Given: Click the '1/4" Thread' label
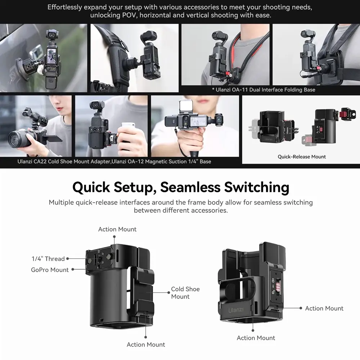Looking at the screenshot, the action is [x=48, y=259].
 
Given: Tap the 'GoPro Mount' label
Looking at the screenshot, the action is [x=50, y=270].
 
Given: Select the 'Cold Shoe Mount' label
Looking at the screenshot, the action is [x=185, y=293].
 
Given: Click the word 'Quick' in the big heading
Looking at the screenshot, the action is [x=91, y=187].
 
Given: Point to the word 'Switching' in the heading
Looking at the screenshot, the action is [x=257, y=188].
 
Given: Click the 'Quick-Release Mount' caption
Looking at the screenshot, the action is [x=302, y=157].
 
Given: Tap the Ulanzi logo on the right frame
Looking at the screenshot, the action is [x=235, y=310].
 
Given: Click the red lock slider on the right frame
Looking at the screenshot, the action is [x=278, y=287].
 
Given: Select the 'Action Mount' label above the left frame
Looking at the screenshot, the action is [x=117, y=229].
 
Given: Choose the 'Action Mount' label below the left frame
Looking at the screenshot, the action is [x=146, y=345].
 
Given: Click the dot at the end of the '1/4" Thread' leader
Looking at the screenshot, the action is [x=68, y=259].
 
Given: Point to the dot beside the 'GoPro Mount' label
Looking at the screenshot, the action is [x=73, y=270].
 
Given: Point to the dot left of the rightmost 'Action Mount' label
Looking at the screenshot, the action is [x=301, y=308].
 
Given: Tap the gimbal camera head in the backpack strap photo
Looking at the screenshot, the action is [x=148, y=36].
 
